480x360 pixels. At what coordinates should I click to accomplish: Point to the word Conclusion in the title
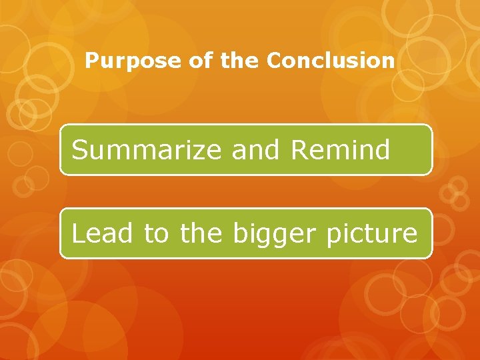click(331, 61)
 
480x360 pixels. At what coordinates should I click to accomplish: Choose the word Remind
click(340, 150)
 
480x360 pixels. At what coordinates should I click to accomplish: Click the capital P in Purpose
click(92, 61)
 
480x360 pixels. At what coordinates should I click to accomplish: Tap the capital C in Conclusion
click(273, 61)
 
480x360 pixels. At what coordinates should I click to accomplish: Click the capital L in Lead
click(77, 233)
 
